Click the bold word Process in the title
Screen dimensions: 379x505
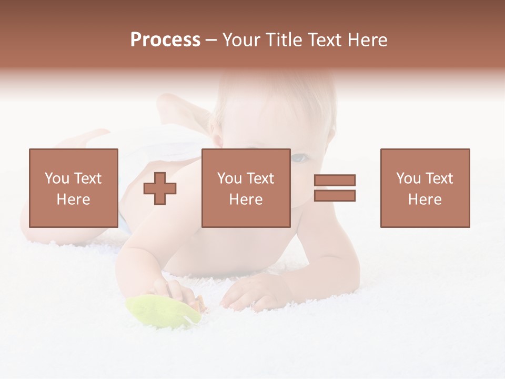click(x=165, y=40)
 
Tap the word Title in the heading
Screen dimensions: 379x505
click(x=284, y=40)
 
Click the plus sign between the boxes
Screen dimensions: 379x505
click(x=160, y=188)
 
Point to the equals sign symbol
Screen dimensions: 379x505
click(x=335, y=188)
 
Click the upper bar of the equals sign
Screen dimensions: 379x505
click(x=335, y=181)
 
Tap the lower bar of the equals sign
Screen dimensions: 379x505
click(x=335, y=195)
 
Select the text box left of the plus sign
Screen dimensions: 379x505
click(x=73, y=188)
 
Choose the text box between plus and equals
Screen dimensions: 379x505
click(x=246, y=188)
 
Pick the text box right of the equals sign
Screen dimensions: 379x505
click(x=425, y=188)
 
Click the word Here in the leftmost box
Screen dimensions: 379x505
click(x=73, y=200)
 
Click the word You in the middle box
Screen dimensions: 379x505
click(x=229, y=178)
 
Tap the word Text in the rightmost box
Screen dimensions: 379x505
click(x=439, y=178)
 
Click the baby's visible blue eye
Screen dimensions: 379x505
click(x=299, y=157)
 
